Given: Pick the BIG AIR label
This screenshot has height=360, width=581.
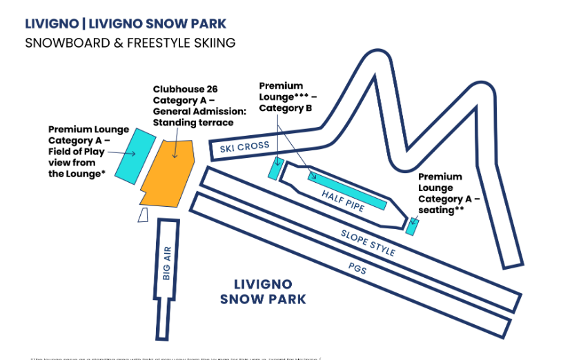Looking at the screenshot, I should click(166, 263).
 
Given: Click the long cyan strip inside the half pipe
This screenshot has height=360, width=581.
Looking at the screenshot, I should click(346, 190).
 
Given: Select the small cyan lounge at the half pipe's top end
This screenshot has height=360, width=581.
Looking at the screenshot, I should click(276, 169).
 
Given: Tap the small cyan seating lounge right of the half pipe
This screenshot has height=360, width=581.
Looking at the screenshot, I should click(412, 226).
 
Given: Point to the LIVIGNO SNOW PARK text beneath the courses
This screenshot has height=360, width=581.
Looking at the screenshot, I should click(263, 292).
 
